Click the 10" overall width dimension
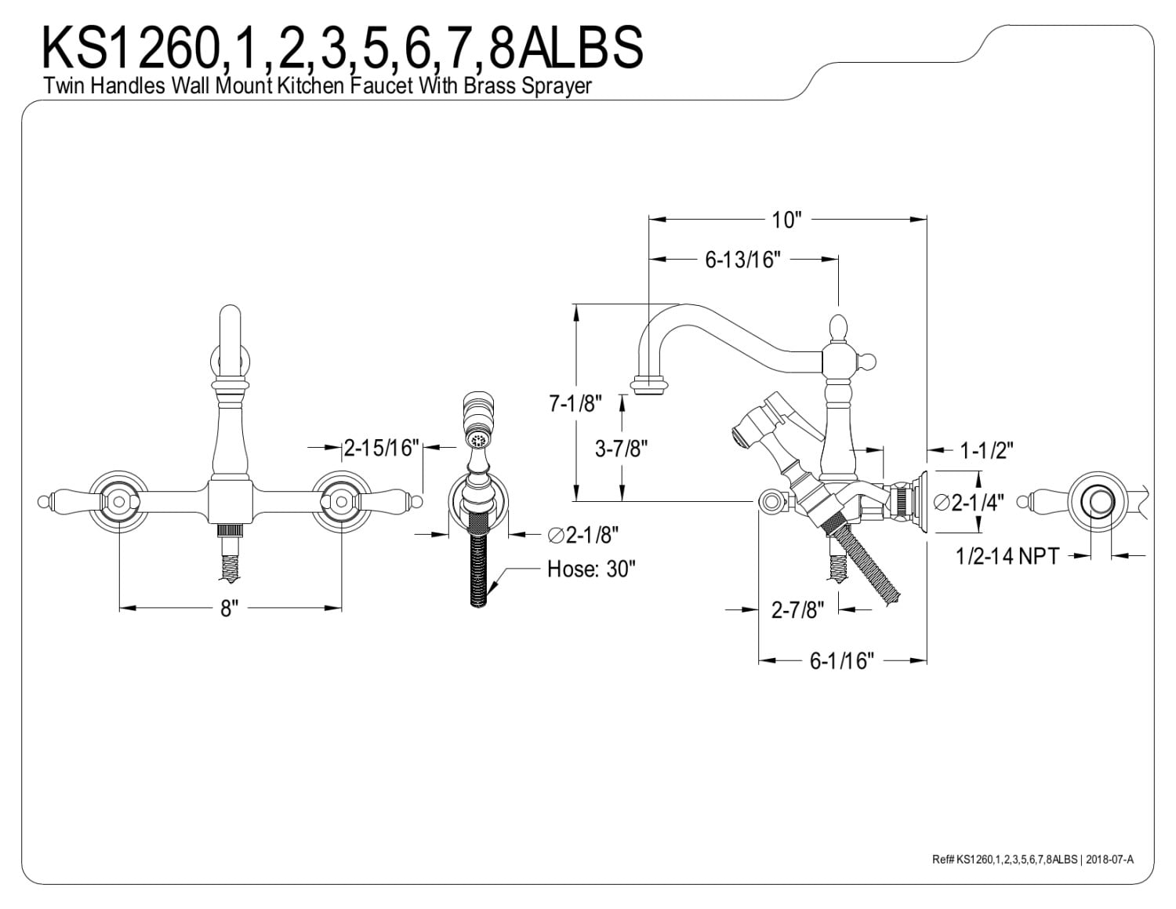[x=786, y=220]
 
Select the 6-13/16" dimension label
[x=742, y=260]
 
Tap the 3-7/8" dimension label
[x=621, y=449]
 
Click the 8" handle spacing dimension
[x=228, y=608]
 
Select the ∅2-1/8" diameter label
[x=584, y=536]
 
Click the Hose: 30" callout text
[x=590, y=569]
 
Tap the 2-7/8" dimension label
[x=798, y=609]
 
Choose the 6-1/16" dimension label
[x=841, y=661]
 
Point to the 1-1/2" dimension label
[x=987, y=450]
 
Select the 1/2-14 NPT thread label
[x=1007, y=557]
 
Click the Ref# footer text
[x=1032, y=860]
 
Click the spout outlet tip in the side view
[x=650, y=387]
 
